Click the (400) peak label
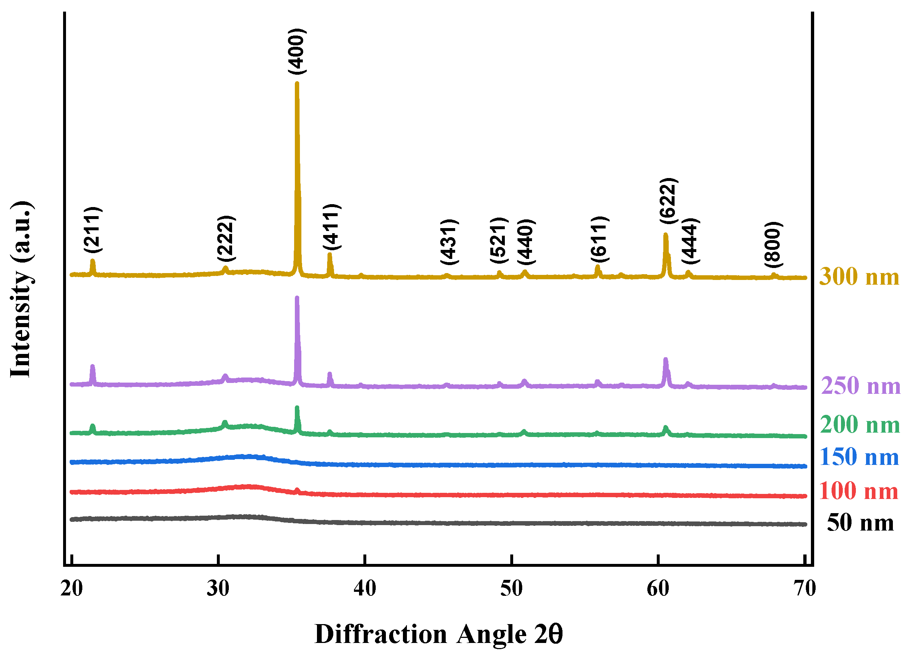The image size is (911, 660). [x=297, y=51]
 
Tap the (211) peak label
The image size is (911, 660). [x=93, y=230]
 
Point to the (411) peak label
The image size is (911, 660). [x=332, y=227]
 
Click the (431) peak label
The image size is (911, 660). [x=449, y=242]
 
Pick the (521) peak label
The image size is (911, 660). [x=499, y=240]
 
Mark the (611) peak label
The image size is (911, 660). [x=600, y=239]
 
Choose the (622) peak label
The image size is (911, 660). [x=668, y=201]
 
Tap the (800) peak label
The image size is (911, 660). [x=773, y=244]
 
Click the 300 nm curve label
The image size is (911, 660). [x=859, y=277]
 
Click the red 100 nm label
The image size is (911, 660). [x=858, y=491]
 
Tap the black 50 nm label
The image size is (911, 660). [x=860, y=523]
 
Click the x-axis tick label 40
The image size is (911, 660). [x=365, y=589]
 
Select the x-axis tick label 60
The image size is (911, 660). [x=658, y=589]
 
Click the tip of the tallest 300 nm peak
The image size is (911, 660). [x=297, y=83]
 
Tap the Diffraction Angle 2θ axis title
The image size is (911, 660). [x=438, y=634]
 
